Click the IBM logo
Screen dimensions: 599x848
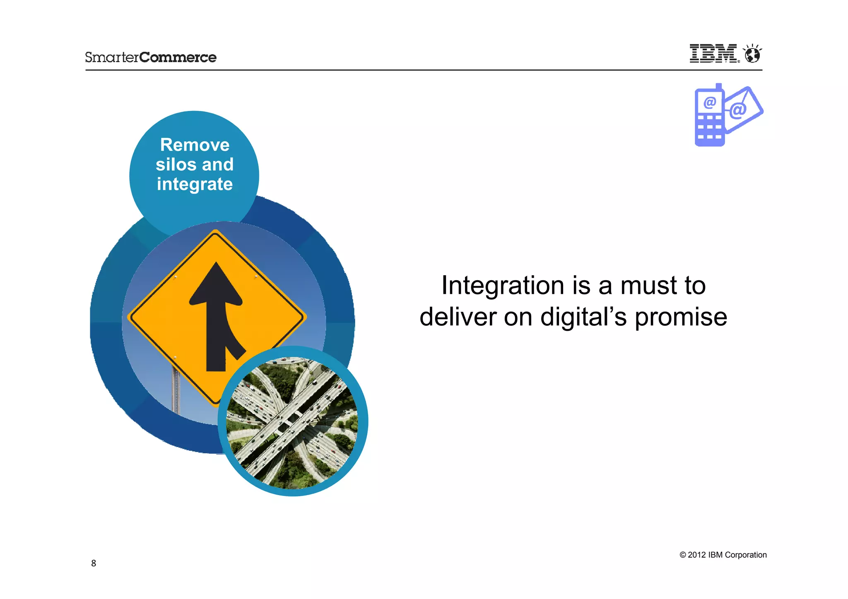pos(713,53)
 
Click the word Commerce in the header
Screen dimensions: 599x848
pos(178,57)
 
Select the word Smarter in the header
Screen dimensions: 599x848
pos(112,57)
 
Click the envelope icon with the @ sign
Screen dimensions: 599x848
pos(743,110)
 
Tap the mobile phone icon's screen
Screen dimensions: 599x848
pos(709,102)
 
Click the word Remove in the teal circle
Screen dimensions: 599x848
pos(195,145)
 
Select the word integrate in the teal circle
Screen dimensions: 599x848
pos(195,184)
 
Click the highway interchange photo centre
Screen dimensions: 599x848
pos(292,421)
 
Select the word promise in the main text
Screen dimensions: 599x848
pos(681,318)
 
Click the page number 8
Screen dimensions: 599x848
pos(94,563)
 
